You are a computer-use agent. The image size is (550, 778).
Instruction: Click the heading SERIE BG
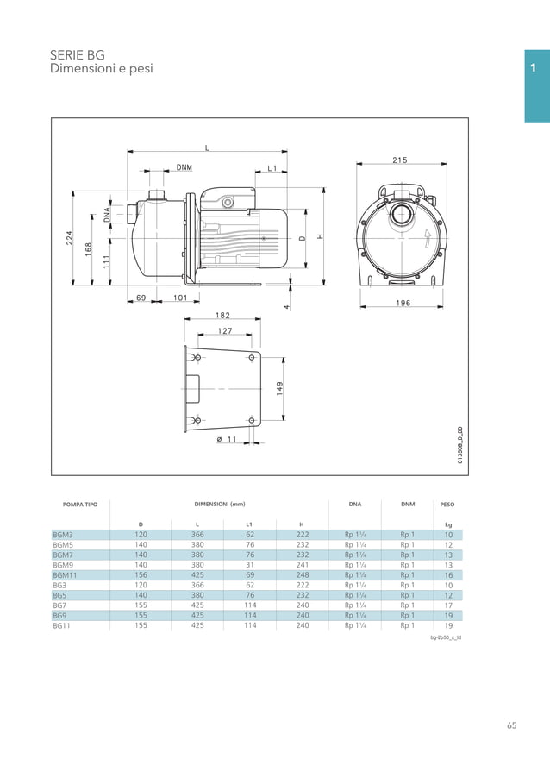pyautogui.click(x=77, y=54)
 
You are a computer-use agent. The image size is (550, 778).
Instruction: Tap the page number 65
pyautogui.click(x=511, y=725)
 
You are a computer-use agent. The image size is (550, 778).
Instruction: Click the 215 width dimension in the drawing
pyautogui.click(x=400, y=160)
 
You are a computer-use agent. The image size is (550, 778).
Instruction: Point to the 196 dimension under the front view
pyautogui.click(x=402, y=303)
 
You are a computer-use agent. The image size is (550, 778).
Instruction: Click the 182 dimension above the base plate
pyautogui.click(x=223, y=316)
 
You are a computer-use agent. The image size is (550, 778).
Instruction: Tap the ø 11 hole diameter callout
pyautogui.click(x=226, y=439)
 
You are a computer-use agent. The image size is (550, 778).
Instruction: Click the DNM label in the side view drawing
pyautogui.click(x=184, y=166)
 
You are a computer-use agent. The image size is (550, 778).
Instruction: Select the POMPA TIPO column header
pyautogui.click(x=80, y=504)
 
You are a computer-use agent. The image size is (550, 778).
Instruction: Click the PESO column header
pyautogui.click(x=447, y=504)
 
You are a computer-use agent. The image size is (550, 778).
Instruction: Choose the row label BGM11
pyautogui.click(x=66, y=575)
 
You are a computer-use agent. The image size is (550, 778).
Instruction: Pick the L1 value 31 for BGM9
pyautogui.click(x=250, y=565)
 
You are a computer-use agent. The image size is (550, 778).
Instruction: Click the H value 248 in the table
pyautogui.click(x=302, y=575)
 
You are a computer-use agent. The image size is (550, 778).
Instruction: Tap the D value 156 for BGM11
pyautogui.click(x=141, y=575)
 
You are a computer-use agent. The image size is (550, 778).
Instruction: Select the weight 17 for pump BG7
pyautogui.click(x=448, y=605)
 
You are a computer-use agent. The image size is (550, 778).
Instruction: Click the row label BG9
pyautogui.click(x=60, y=616)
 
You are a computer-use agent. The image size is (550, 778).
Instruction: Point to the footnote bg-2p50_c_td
pyautogui.click(x=446, y=638)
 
